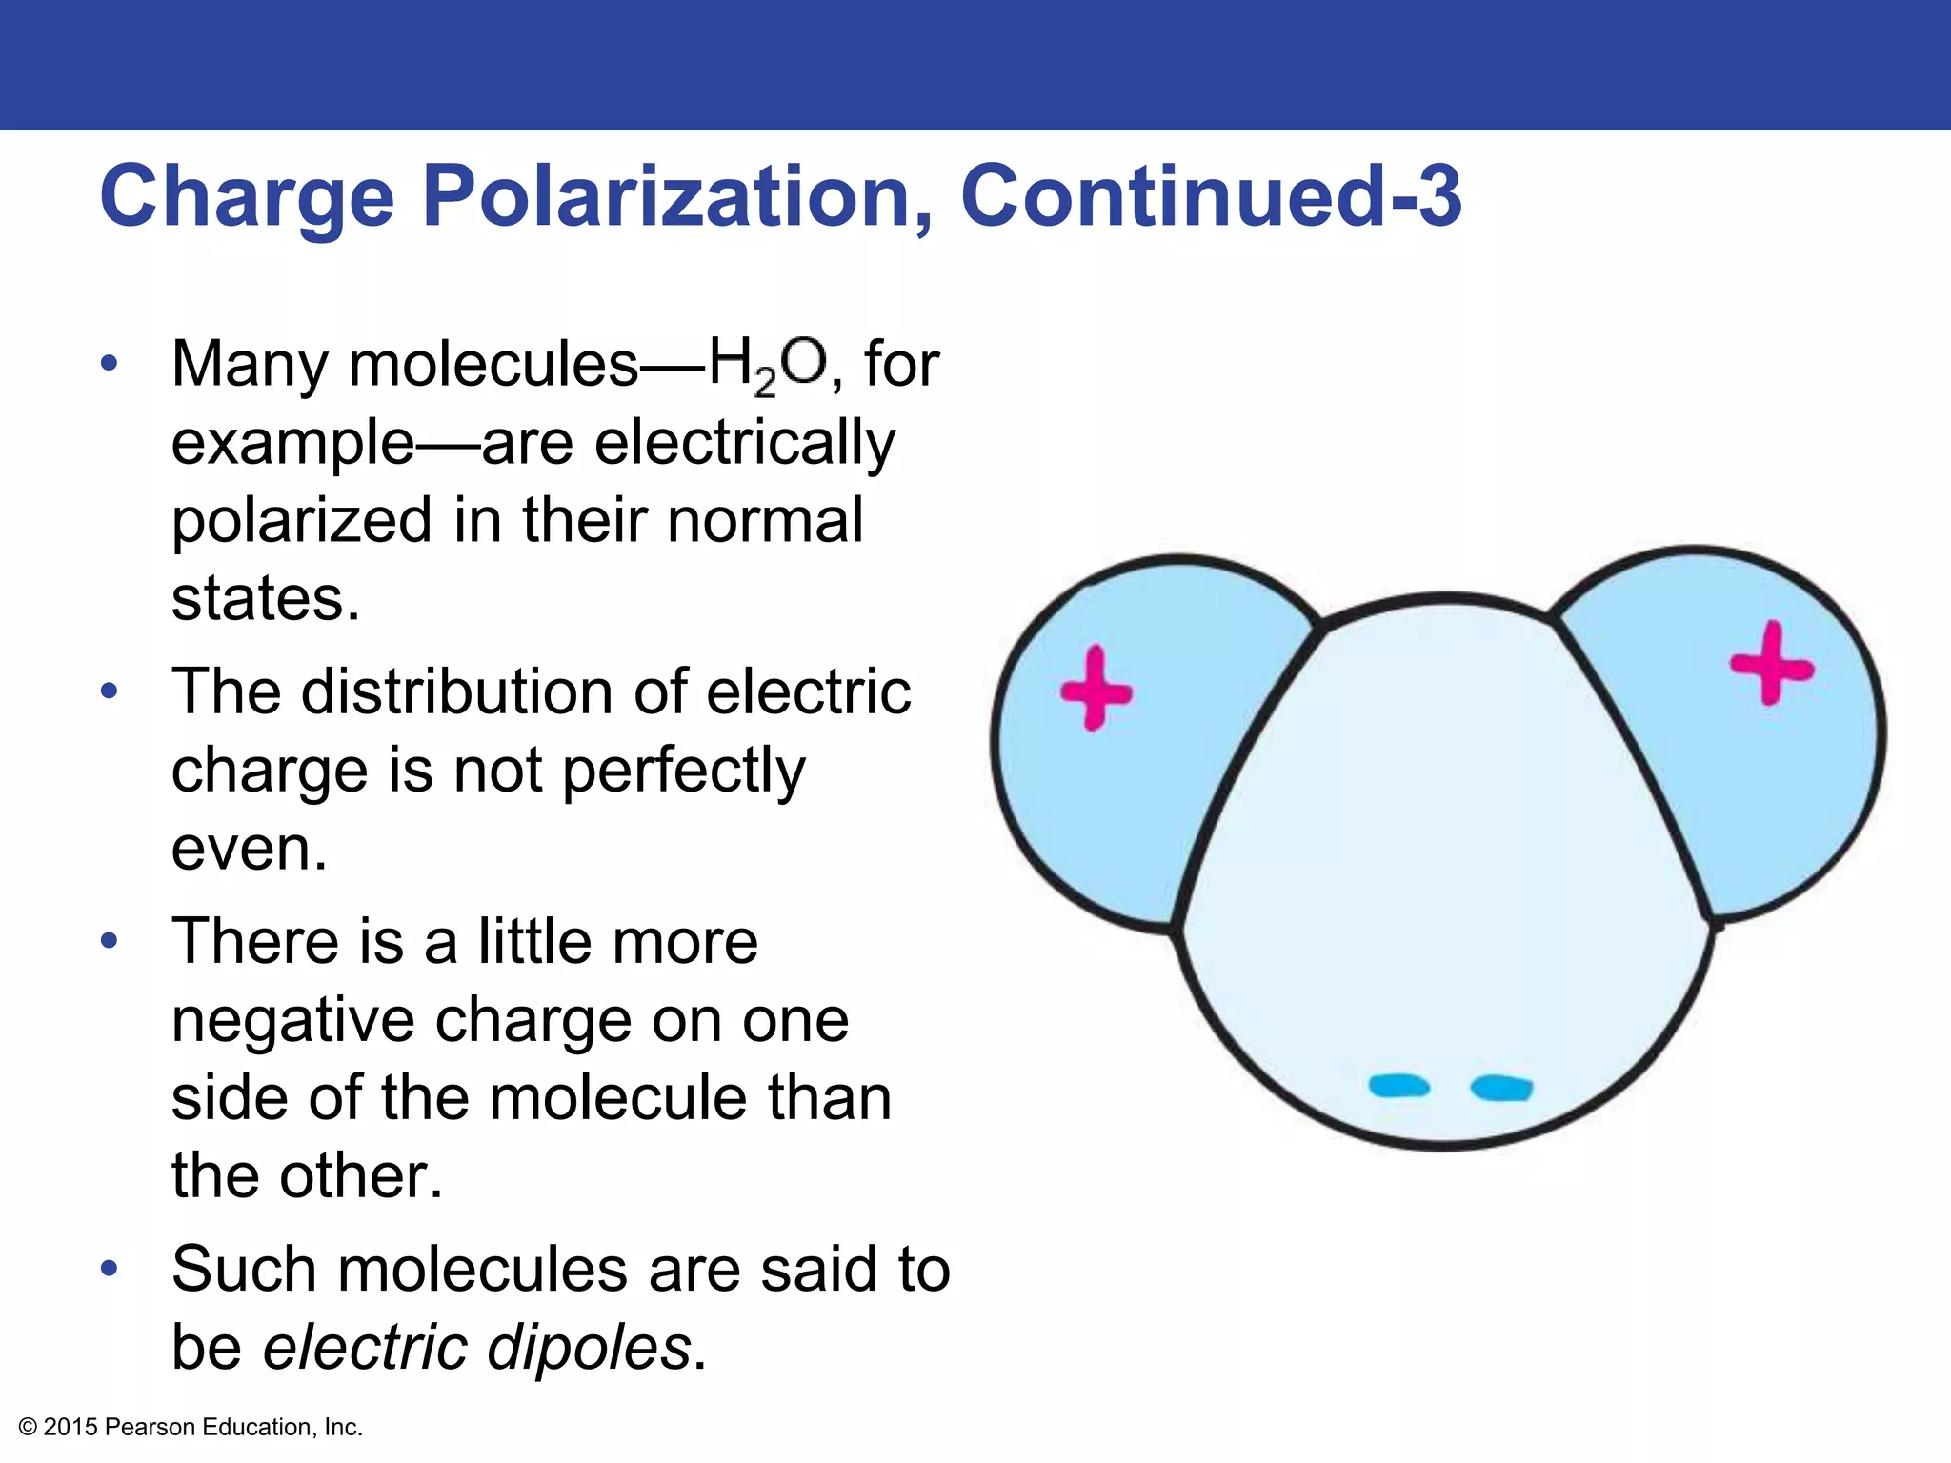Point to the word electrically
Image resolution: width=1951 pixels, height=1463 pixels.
[745, 445]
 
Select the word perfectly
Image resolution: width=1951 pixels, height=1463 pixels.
[683, 771]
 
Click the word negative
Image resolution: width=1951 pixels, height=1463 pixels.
[292, 1020]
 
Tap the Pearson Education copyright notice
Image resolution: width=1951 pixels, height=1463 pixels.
[191, 1427]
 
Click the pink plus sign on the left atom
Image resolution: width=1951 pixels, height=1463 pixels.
[1096, 689]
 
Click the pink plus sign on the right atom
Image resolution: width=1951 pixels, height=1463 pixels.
[1772, 664]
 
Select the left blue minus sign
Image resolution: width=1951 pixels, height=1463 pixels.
[1398, 1086]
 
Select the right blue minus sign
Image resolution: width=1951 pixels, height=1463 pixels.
[1501, 1088]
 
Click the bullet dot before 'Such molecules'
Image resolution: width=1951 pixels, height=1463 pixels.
[110, 1269]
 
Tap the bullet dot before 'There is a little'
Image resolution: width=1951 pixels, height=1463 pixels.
[110, 941]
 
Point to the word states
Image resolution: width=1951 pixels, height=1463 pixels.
[266, 599]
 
